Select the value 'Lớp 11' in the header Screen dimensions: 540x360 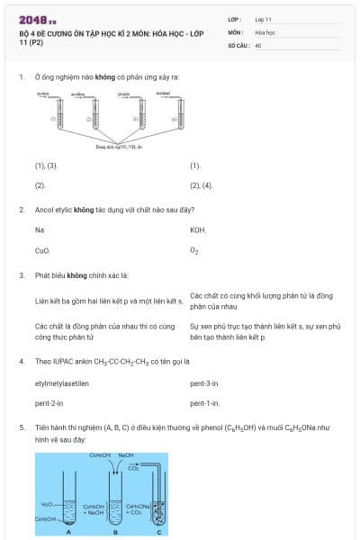(x=264, y=19)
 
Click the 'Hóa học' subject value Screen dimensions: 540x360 (x=265, y=31)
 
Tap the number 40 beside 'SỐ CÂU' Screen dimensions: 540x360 (x=258, y=44)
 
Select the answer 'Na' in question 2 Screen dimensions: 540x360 (x=40, y=230)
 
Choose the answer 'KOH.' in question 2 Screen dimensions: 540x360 (x=198, y=230)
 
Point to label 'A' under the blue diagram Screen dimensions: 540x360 (x=69, y=532)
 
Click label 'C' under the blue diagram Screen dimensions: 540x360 (x=159, y=532)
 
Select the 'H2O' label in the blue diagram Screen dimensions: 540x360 (x=47, y=503)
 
